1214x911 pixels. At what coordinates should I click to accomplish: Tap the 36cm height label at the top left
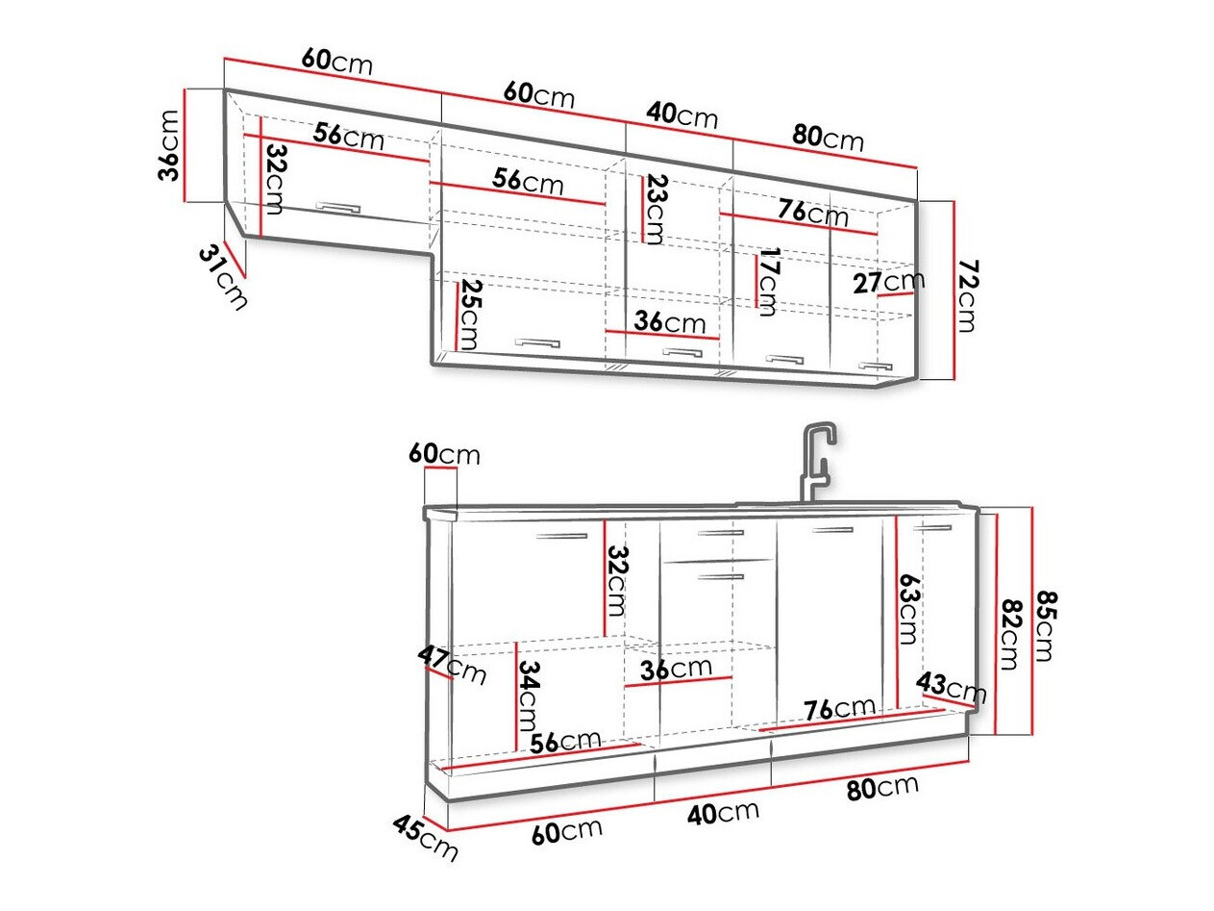coord(169,145)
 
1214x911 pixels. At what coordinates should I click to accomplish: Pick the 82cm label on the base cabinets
coord(1010,634)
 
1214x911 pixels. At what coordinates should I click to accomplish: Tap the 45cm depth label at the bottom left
coord(424,838)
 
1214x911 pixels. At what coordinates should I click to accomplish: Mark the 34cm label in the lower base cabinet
coord(528,696)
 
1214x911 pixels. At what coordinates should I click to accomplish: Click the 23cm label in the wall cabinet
coord(655,209)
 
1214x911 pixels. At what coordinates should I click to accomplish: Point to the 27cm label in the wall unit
coord(888,282)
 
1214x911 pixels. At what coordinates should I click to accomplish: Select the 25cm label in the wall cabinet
coord(469,316)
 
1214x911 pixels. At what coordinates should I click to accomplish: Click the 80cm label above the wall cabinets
coord(828,139)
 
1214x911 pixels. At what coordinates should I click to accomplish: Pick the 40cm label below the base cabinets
coord(724,812)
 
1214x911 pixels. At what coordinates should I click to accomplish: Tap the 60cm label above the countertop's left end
coord(443,453)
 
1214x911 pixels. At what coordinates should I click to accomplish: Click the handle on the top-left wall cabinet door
coord(336,206)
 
